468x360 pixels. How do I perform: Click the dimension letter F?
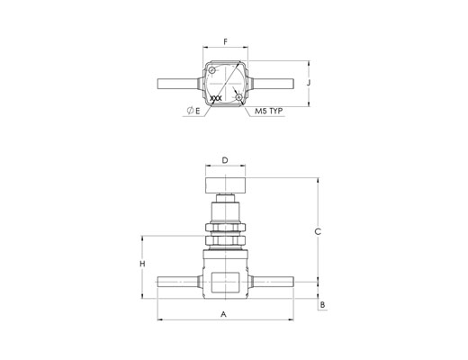pyautogui.click(x=226, y=41)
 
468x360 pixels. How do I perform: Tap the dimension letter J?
pyautogui.click(x=309, y=83)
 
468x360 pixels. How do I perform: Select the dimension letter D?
pyautogui.click(x=225, y=160)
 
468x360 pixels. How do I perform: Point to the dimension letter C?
pyautogui.click(x=318, y=231)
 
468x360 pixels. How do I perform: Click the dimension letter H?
pyautogui.click(x=143, y=264)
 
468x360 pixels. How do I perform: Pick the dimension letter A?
pyautogui.click(x=223, y=314)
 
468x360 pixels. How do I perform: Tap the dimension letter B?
pyautogui.click(x=322, y=305)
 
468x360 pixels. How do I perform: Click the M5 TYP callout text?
pyautogui.click(x=269, y=111)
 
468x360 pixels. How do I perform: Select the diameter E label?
pyautogui.click(x=193, y=111)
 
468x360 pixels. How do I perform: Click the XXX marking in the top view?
pyautogui.click(x=216, y=98)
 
